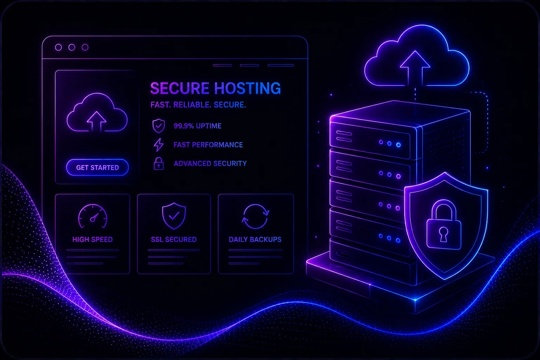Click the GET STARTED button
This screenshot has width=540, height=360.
97,167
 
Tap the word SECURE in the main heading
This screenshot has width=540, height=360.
180,88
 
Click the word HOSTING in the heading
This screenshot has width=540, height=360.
247,88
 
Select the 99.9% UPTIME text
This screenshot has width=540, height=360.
198,126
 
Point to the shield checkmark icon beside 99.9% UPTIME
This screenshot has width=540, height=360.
159,126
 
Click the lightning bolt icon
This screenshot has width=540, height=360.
159,145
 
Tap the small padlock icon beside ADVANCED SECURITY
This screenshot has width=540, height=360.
159,164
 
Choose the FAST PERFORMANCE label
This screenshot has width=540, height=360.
208,145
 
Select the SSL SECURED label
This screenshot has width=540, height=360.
174,239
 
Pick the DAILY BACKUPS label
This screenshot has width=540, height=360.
255,239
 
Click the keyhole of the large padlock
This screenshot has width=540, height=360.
443,234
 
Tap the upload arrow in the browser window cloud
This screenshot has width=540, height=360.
97,121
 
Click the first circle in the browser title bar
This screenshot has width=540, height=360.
58,47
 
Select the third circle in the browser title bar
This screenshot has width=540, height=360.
85,47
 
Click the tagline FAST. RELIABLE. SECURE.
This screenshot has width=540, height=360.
198,105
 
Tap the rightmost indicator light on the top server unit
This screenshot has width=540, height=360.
398,145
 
